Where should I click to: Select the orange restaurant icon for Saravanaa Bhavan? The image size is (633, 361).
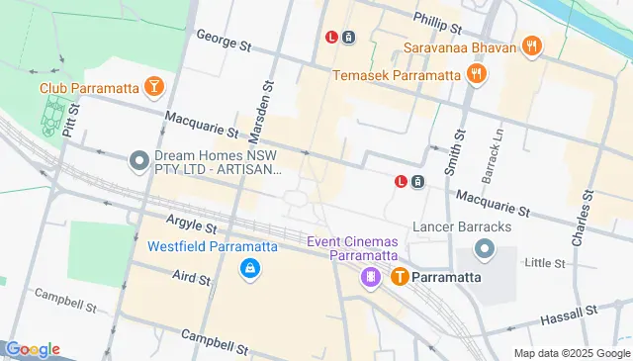[x=532, y=45]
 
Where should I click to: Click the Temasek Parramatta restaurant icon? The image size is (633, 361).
[x=477, y=74]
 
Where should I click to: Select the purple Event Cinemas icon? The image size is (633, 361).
[x=370, y=278]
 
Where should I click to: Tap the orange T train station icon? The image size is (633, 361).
[x=401, y=277]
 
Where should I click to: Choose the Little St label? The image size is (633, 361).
[x=544, y=263]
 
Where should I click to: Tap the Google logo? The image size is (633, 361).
[x=33, y=349]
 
